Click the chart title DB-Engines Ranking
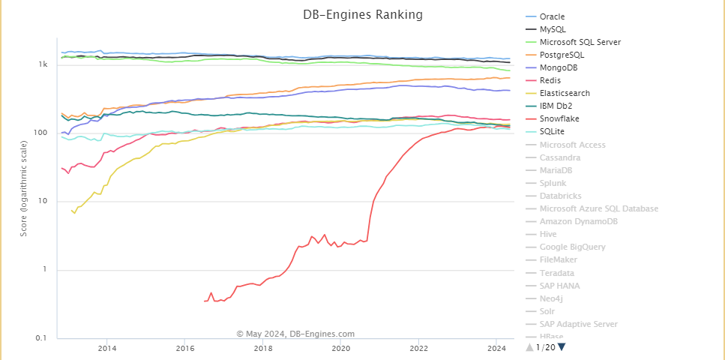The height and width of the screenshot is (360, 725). (362, 14)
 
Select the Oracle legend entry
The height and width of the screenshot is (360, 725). (553, 16)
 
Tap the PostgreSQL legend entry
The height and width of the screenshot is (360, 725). (562, 55)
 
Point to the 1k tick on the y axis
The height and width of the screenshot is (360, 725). (43, 65)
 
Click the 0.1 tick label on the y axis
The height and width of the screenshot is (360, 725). (42, 338)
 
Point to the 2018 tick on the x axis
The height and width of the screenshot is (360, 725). (263, 348)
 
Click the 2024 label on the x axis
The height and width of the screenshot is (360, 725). (495, 348)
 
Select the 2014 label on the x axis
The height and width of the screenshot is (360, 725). (107, 348)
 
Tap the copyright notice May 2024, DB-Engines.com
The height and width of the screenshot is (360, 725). (295, 334)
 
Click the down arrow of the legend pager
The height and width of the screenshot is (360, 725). (562, 346)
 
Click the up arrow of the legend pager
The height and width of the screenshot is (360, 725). (529, 346)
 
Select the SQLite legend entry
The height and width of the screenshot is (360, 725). (555, 132)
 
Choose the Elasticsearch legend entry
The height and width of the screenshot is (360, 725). (565, 93)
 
